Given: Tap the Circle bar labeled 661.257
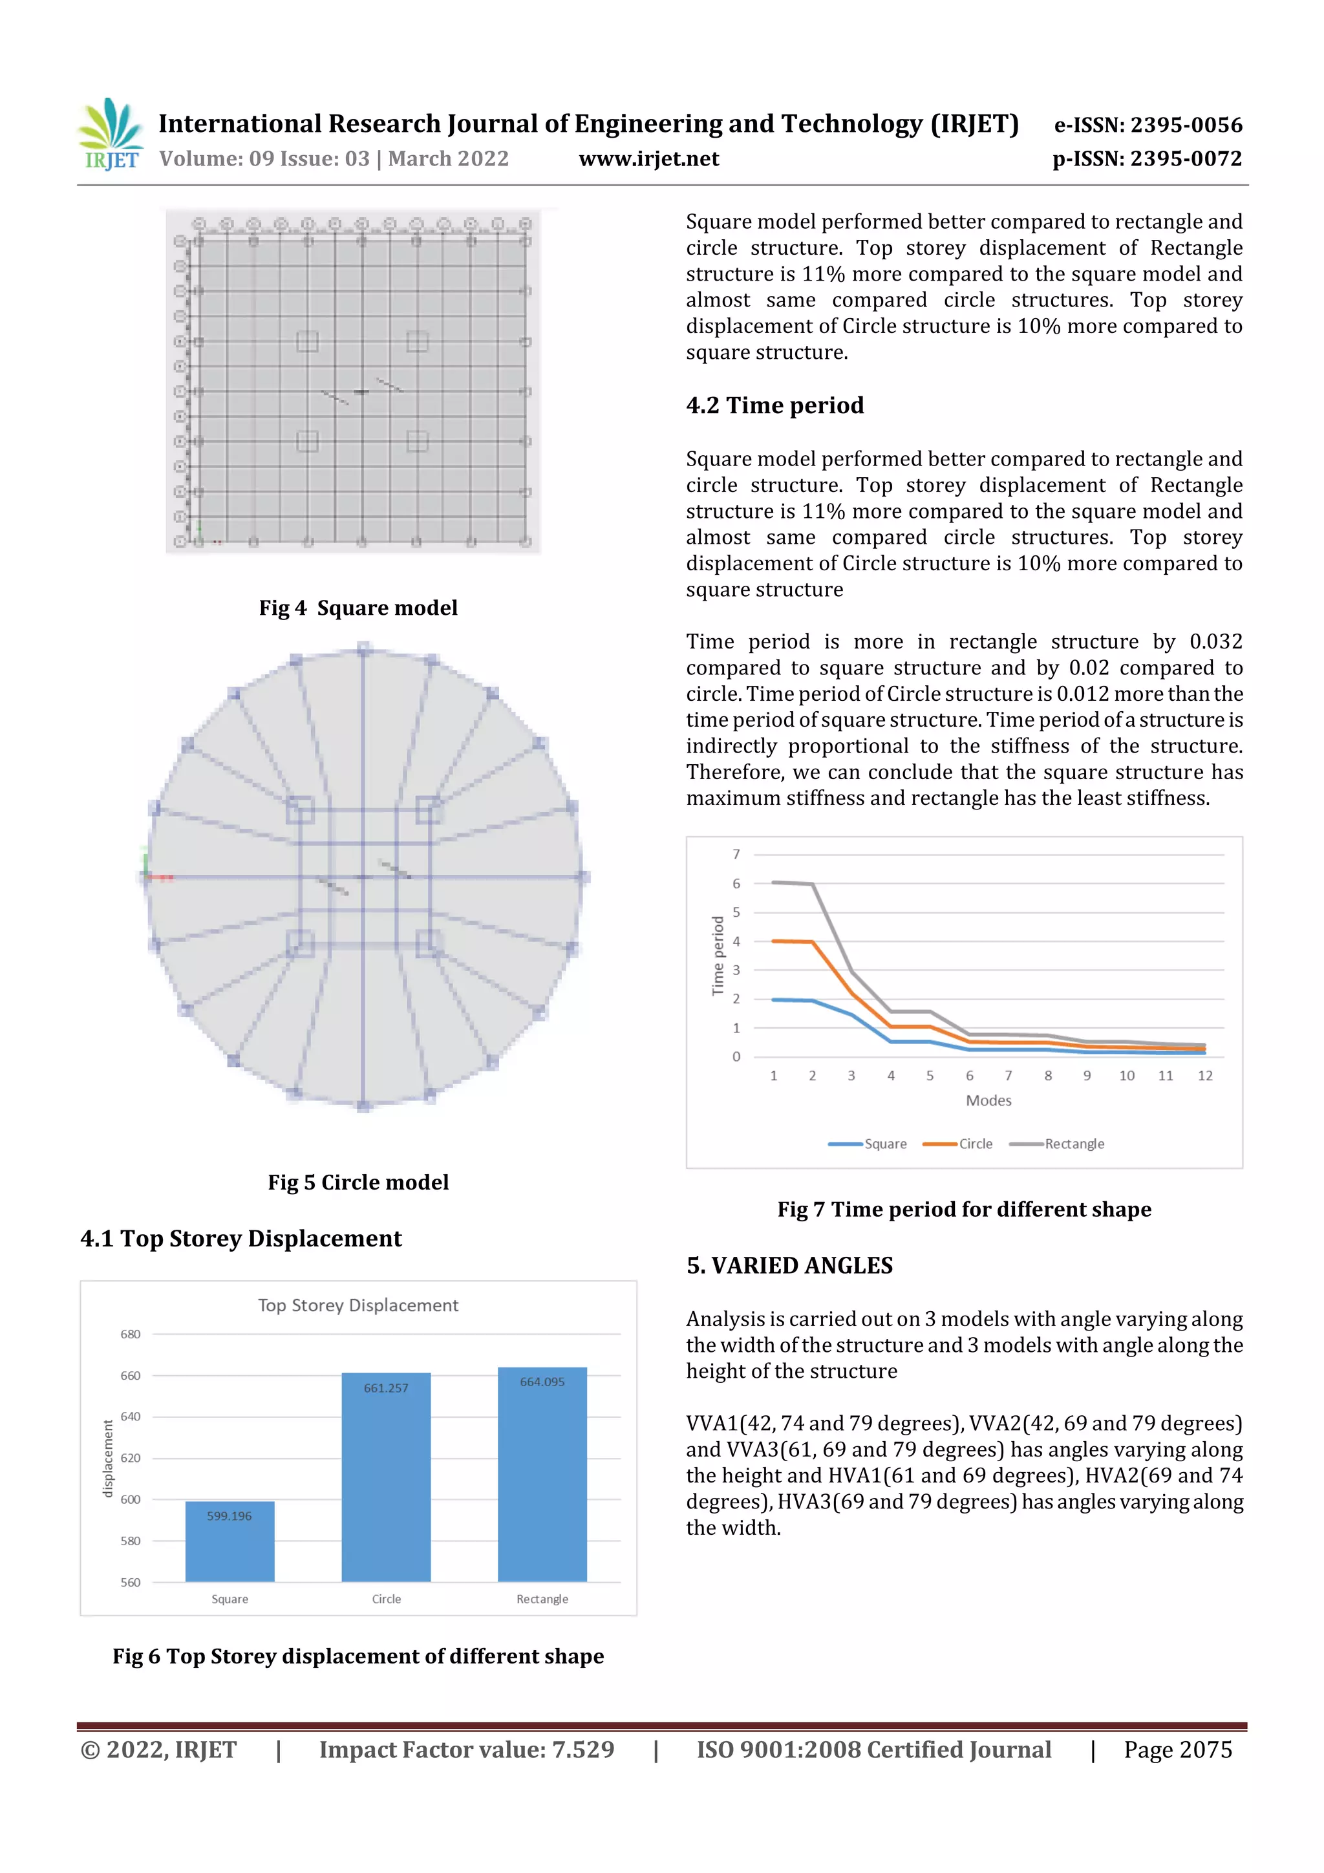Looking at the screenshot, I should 386,1477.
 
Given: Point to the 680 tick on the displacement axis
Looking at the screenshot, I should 131,1334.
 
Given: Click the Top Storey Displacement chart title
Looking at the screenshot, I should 358,1305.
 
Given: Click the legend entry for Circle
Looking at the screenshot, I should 959,1144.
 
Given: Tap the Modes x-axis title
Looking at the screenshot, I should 988,1100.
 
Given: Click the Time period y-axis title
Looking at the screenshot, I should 718,956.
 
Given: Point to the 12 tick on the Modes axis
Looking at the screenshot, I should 1204,1076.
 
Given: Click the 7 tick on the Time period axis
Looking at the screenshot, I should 736,854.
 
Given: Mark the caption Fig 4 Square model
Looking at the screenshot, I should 358,608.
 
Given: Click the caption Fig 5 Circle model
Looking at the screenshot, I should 358,1182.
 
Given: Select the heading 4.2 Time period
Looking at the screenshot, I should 774,405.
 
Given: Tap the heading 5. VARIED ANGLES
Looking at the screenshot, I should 789,1265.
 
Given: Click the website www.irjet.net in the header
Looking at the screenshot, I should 648,158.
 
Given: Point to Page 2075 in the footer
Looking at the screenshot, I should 1177,1750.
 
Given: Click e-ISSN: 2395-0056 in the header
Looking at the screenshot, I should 1148,125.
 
